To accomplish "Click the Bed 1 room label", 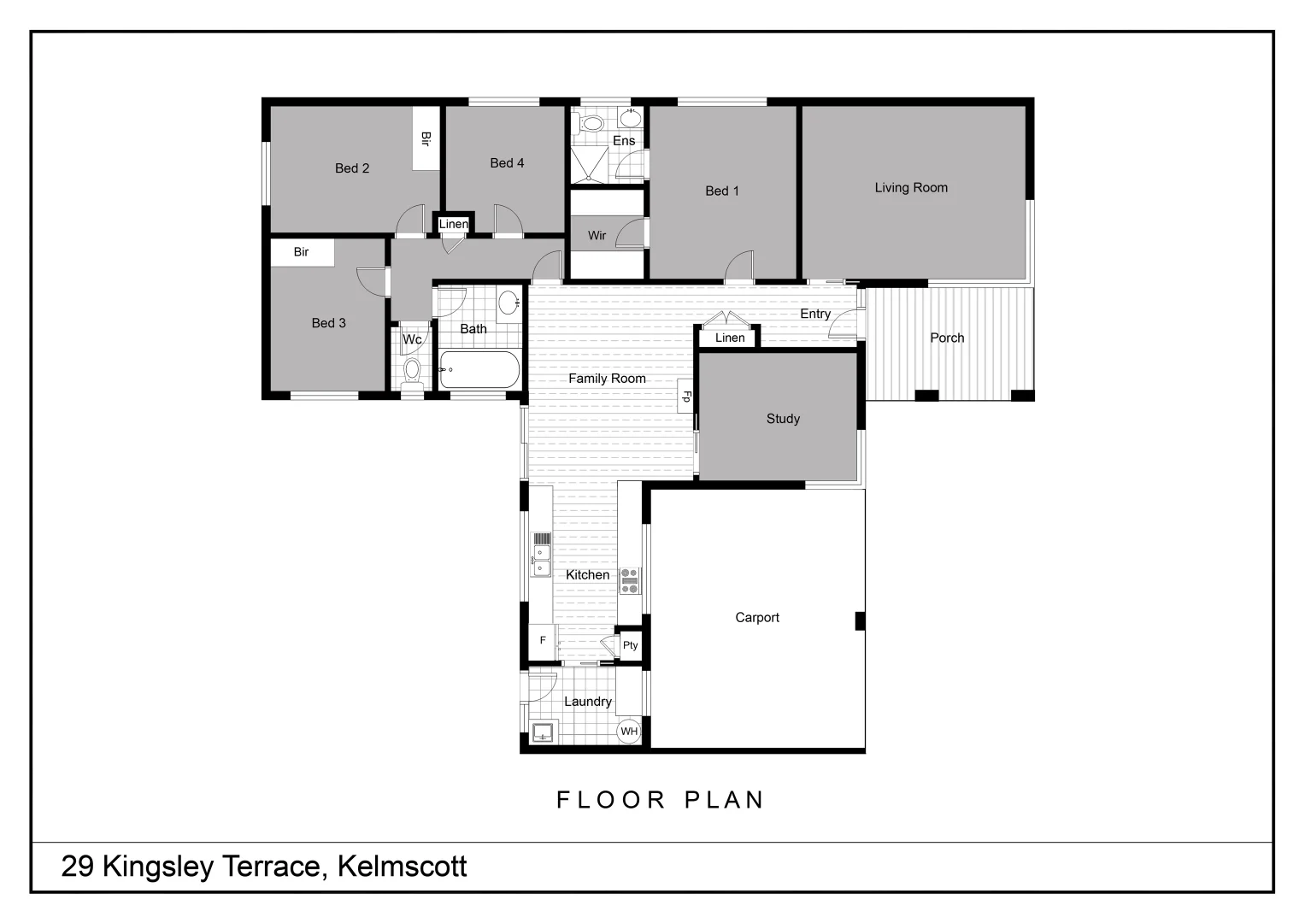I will (x=722, y=191).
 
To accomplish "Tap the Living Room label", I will (x=911, y=187).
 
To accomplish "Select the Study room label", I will (x=783, y=418).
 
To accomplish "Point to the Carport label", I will (x=757, y=617).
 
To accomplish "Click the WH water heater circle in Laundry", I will (x=629, y=731).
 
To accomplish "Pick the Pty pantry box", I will (x=630, y=645).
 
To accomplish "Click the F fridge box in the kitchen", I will (x=542, y=640).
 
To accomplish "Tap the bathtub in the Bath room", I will (x=479, y=370).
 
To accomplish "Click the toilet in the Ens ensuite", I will (x=591, y=124).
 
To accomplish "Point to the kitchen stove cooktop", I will (x=630, y=580).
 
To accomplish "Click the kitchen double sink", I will (x=541, y=560).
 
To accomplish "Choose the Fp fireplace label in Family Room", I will (x=685, y=397).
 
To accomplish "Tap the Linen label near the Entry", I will (x=730, y=338).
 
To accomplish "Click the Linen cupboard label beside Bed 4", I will (x=453, y=224).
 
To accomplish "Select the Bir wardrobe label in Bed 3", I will (x=301, y=251).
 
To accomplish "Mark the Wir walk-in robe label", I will (x=597, y=235).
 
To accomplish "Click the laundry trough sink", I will (x=542, y=732).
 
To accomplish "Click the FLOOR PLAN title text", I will (x=660, y=799).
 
